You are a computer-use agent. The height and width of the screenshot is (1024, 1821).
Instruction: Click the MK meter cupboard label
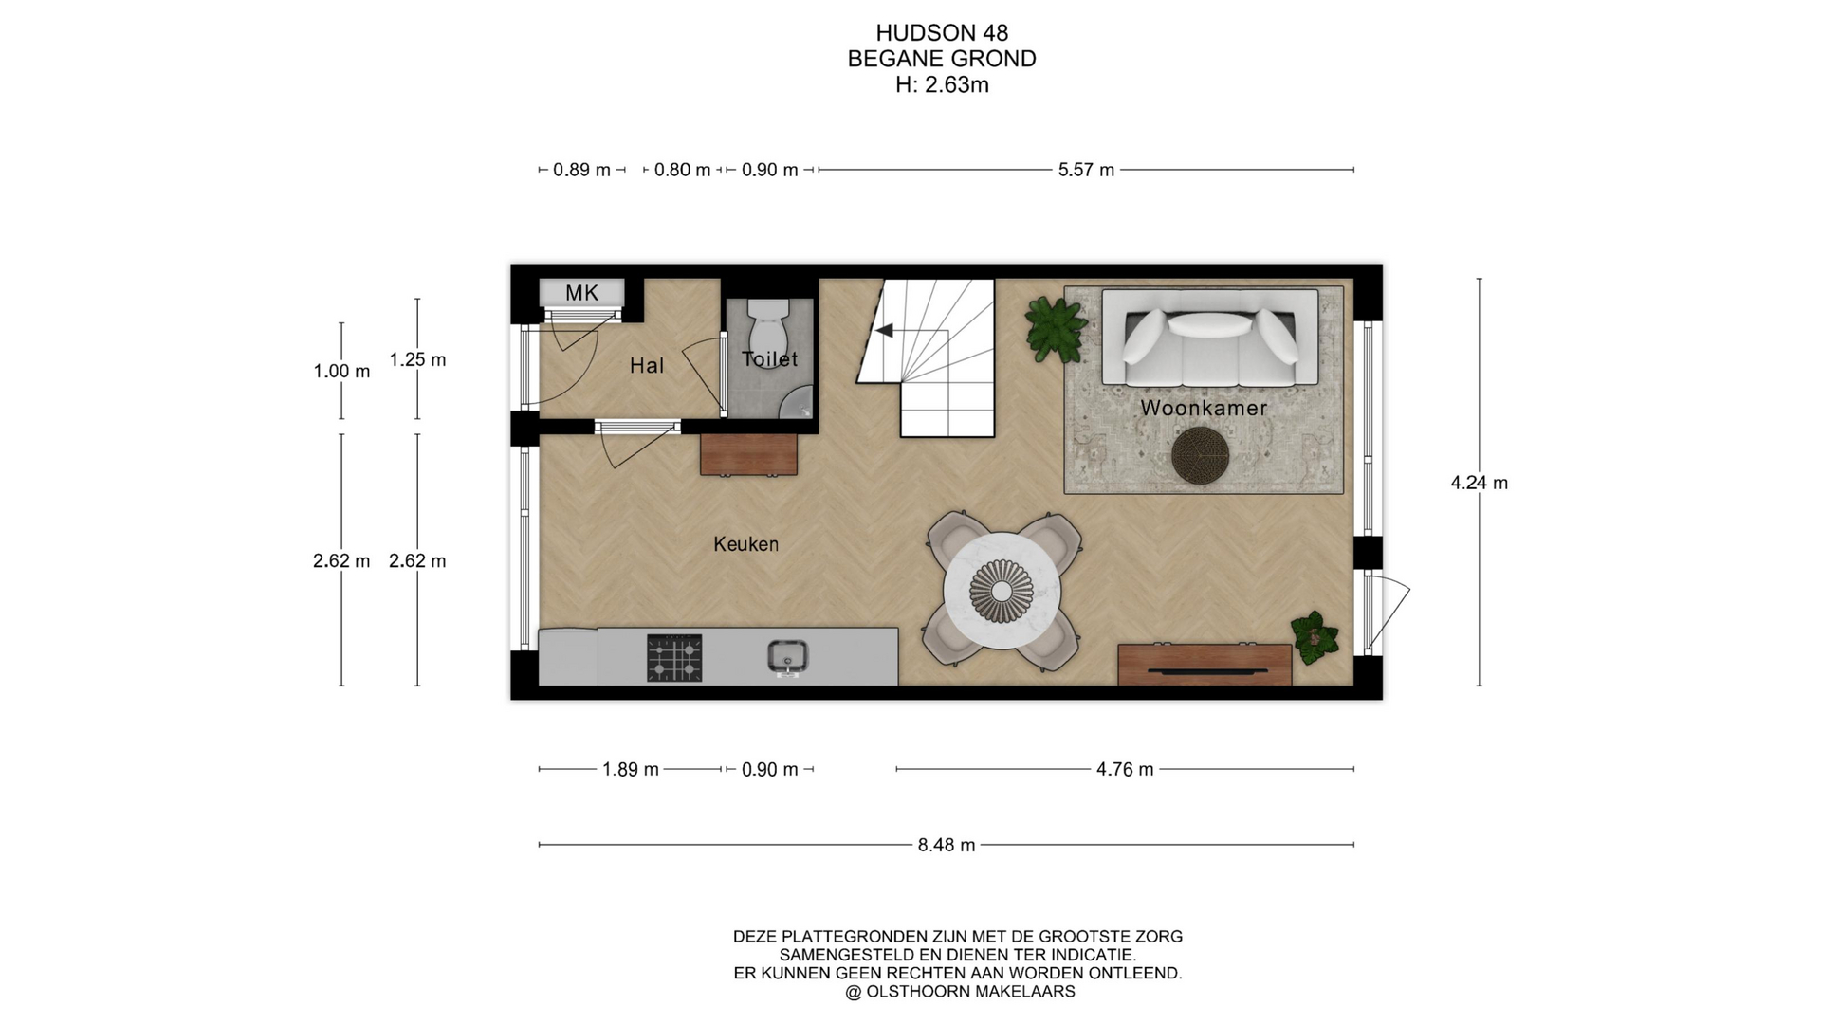coord(581,293)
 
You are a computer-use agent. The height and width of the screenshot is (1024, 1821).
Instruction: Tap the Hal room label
coord(647,366)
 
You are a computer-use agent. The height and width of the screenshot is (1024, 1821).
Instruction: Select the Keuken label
coord(746,544)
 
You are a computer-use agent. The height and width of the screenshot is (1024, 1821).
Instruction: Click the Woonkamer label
coord(1204,409)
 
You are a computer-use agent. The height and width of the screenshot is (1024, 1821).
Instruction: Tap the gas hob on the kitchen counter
coord(674,658)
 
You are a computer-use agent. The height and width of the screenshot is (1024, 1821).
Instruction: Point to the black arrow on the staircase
coord(884,331)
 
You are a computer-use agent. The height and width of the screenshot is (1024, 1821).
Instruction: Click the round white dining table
coord(1002,591)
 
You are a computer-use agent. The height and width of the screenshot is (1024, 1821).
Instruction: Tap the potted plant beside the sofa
coord(1055,328)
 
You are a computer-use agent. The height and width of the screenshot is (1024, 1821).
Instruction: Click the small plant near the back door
coord(1314,637)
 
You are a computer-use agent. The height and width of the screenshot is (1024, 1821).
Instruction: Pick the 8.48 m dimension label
coord(947,845)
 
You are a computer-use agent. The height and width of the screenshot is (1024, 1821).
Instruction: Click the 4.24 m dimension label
coord(1479,483)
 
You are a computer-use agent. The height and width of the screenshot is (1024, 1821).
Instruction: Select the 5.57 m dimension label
coord(1086,170)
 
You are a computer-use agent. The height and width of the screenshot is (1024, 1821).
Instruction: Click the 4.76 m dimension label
coord(1125,769)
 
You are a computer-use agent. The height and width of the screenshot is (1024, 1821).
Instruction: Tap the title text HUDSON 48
coord(942,34)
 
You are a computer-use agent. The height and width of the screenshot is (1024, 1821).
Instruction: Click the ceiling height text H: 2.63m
coord(942,85)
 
